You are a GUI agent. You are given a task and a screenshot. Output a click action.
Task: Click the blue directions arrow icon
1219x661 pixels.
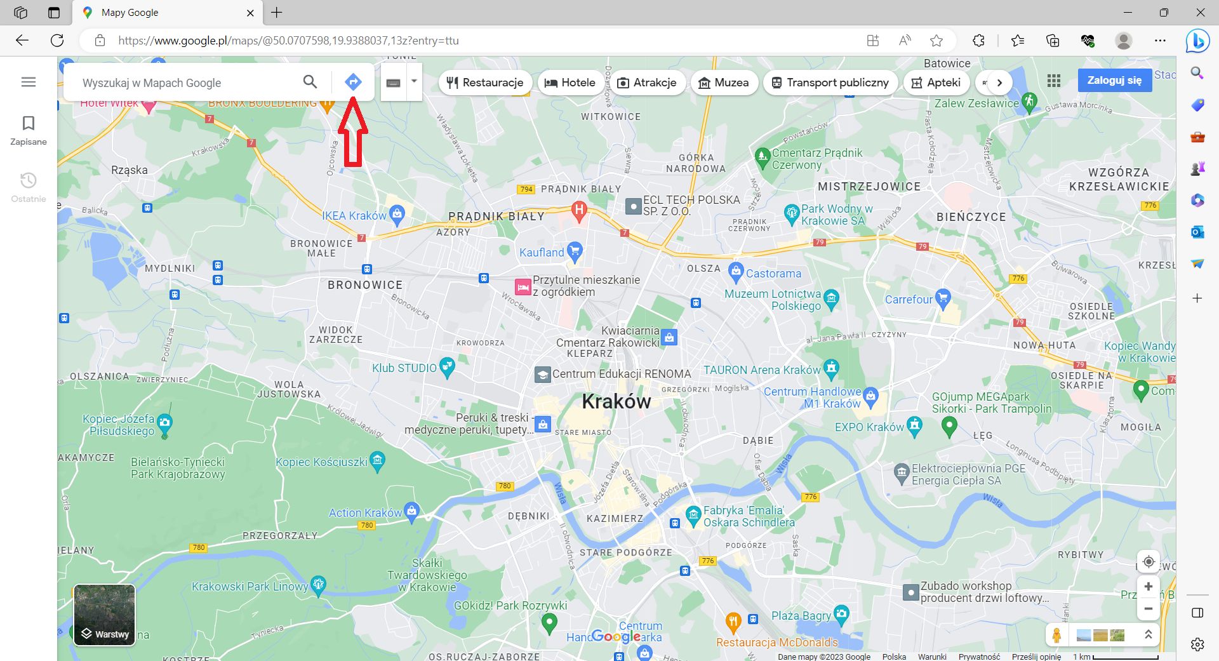(x=353, y=82)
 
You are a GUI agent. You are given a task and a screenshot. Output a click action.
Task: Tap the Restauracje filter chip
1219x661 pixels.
(x=486, y=83)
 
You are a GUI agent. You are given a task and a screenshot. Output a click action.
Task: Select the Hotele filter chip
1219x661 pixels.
(x=570, y=83)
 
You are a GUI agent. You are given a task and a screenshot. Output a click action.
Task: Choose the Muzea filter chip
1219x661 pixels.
(x=724, y=83)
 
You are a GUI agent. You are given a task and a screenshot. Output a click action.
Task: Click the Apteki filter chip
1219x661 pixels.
(x=936, y=83)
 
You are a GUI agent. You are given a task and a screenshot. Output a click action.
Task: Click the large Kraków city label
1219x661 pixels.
(x=616, y=401)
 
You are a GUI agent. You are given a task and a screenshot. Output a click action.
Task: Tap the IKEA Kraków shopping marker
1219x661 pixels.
(x=397, y=215)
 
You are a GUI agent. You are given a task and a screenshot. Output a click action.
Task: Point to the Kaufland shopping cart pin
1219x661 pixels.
(x=575, y=251)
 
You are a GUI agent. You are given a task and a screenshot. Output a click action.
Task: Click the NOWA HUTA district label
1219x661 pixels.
(x=1044, y=345)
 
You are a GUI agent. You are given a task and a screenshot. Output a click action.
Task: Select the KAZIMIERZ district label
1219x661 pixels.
(x=615, y=519)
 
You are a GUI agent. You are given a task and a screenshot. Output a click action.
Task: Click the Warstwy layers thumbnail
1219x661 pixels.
(x=105, y=615)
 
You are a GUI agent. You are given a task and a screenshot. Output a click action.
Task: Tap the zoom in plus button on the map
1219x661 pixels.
(x=1148, y=587)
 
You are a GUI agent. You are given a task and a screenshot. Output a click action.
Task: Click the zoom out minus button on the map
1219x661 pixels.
(x=1148, y=609)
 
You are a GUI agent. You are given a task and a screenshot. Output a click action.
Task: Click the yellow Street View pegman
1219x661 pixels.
(x=1056, y=635)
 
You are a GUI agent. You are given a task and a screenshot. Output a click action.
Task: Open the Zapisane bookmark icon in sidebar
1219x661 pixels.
(x=29, y=123)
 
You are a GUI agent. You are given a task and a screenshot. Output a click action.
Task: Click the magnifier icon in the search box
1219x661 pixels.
(x=310, y=82)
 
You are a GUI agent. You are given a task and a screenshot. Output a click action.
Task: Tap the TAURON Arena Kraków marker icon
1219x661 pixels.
(x=831, y=368)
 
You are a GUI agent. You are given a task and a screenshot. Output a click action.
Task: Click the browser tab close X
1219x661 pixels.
(x=250, y=13)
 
